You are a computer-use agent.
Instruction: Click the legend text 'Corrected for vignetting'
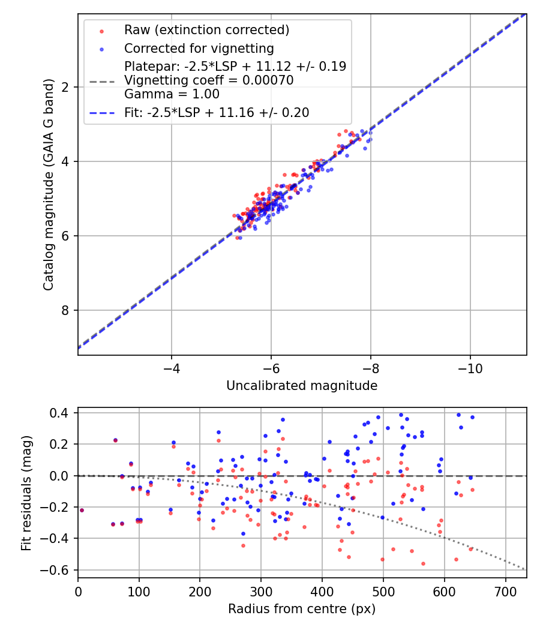coord(199,49)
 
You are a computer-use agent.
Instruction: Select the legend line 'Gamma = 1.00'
coord(172,94)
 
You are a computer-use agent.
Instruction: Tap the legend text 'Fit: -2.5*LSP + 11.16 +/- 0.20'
coord(217,112)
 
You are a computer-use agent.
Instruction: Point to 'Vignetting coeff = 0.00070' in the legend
coord(209,80)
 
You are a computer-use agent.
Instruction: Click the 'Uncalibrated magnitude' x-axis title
coord(302,386)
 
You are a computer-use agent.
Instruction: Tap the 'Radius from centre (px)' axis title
coord(302,609)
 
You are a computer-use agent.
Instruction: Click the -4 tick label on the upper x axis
coord(172,367)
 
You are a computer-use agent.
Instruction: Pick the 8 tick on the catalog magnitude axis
coord(65,310)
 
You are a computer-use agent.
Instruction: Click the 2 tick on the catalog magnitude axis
coord(65,87)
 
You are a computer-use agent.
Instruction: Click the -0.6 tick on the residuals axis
coord(58,570)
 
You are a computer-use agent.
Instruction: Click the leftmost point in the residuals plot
coord(82,510)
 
